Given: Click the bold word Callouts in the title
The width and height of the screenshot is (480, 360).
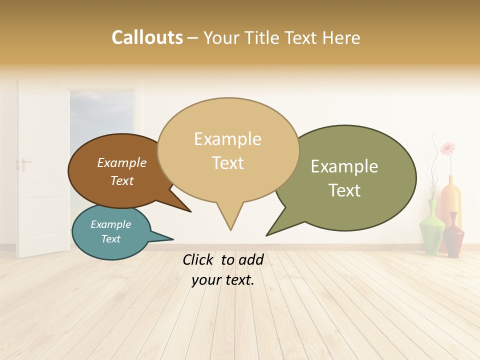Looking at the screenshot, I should point(147,37).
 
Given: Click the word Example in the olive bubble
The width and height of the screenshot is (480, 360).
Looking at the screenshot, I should point(344,166).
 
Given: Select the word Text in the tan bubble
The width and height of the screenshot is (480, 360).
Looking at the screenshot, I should point(228,163).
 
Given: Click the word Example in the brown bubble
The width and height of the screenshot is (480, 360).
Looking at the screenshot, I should point(122,163).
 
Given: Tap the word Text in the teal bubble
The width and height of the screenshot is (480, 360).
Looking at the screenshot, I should point(111,239).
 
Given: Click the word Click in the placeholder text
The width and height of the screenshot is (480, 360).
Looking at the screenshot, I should point(198,259).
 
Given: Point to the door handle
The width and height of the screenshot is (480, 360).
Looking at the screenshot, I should point(24,162).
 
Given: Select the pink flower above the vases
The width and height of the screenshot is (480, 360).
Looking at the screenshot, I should point(447,148).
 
